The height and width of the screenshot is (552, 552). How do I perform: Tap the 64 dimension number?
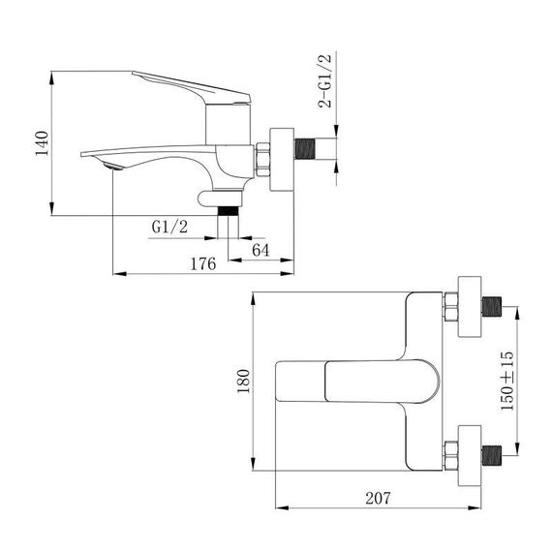coord(260,250)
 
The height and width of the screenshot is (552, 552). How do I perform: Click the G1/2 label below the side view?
coord(169,227)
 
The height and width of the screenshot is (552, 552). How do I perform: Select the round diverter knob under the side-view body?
coord(202,200)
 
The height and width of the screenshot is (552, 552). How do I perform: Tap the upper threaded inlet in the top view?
coord(492,308)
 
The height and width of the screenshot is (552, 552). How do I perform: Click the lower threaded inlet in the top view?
coord(492,451)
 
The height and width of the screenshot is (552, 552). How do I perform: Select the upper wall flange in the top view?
coord(470,307)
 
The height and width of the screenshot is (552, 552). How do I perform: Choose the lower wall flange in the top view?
coord(470,451)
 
